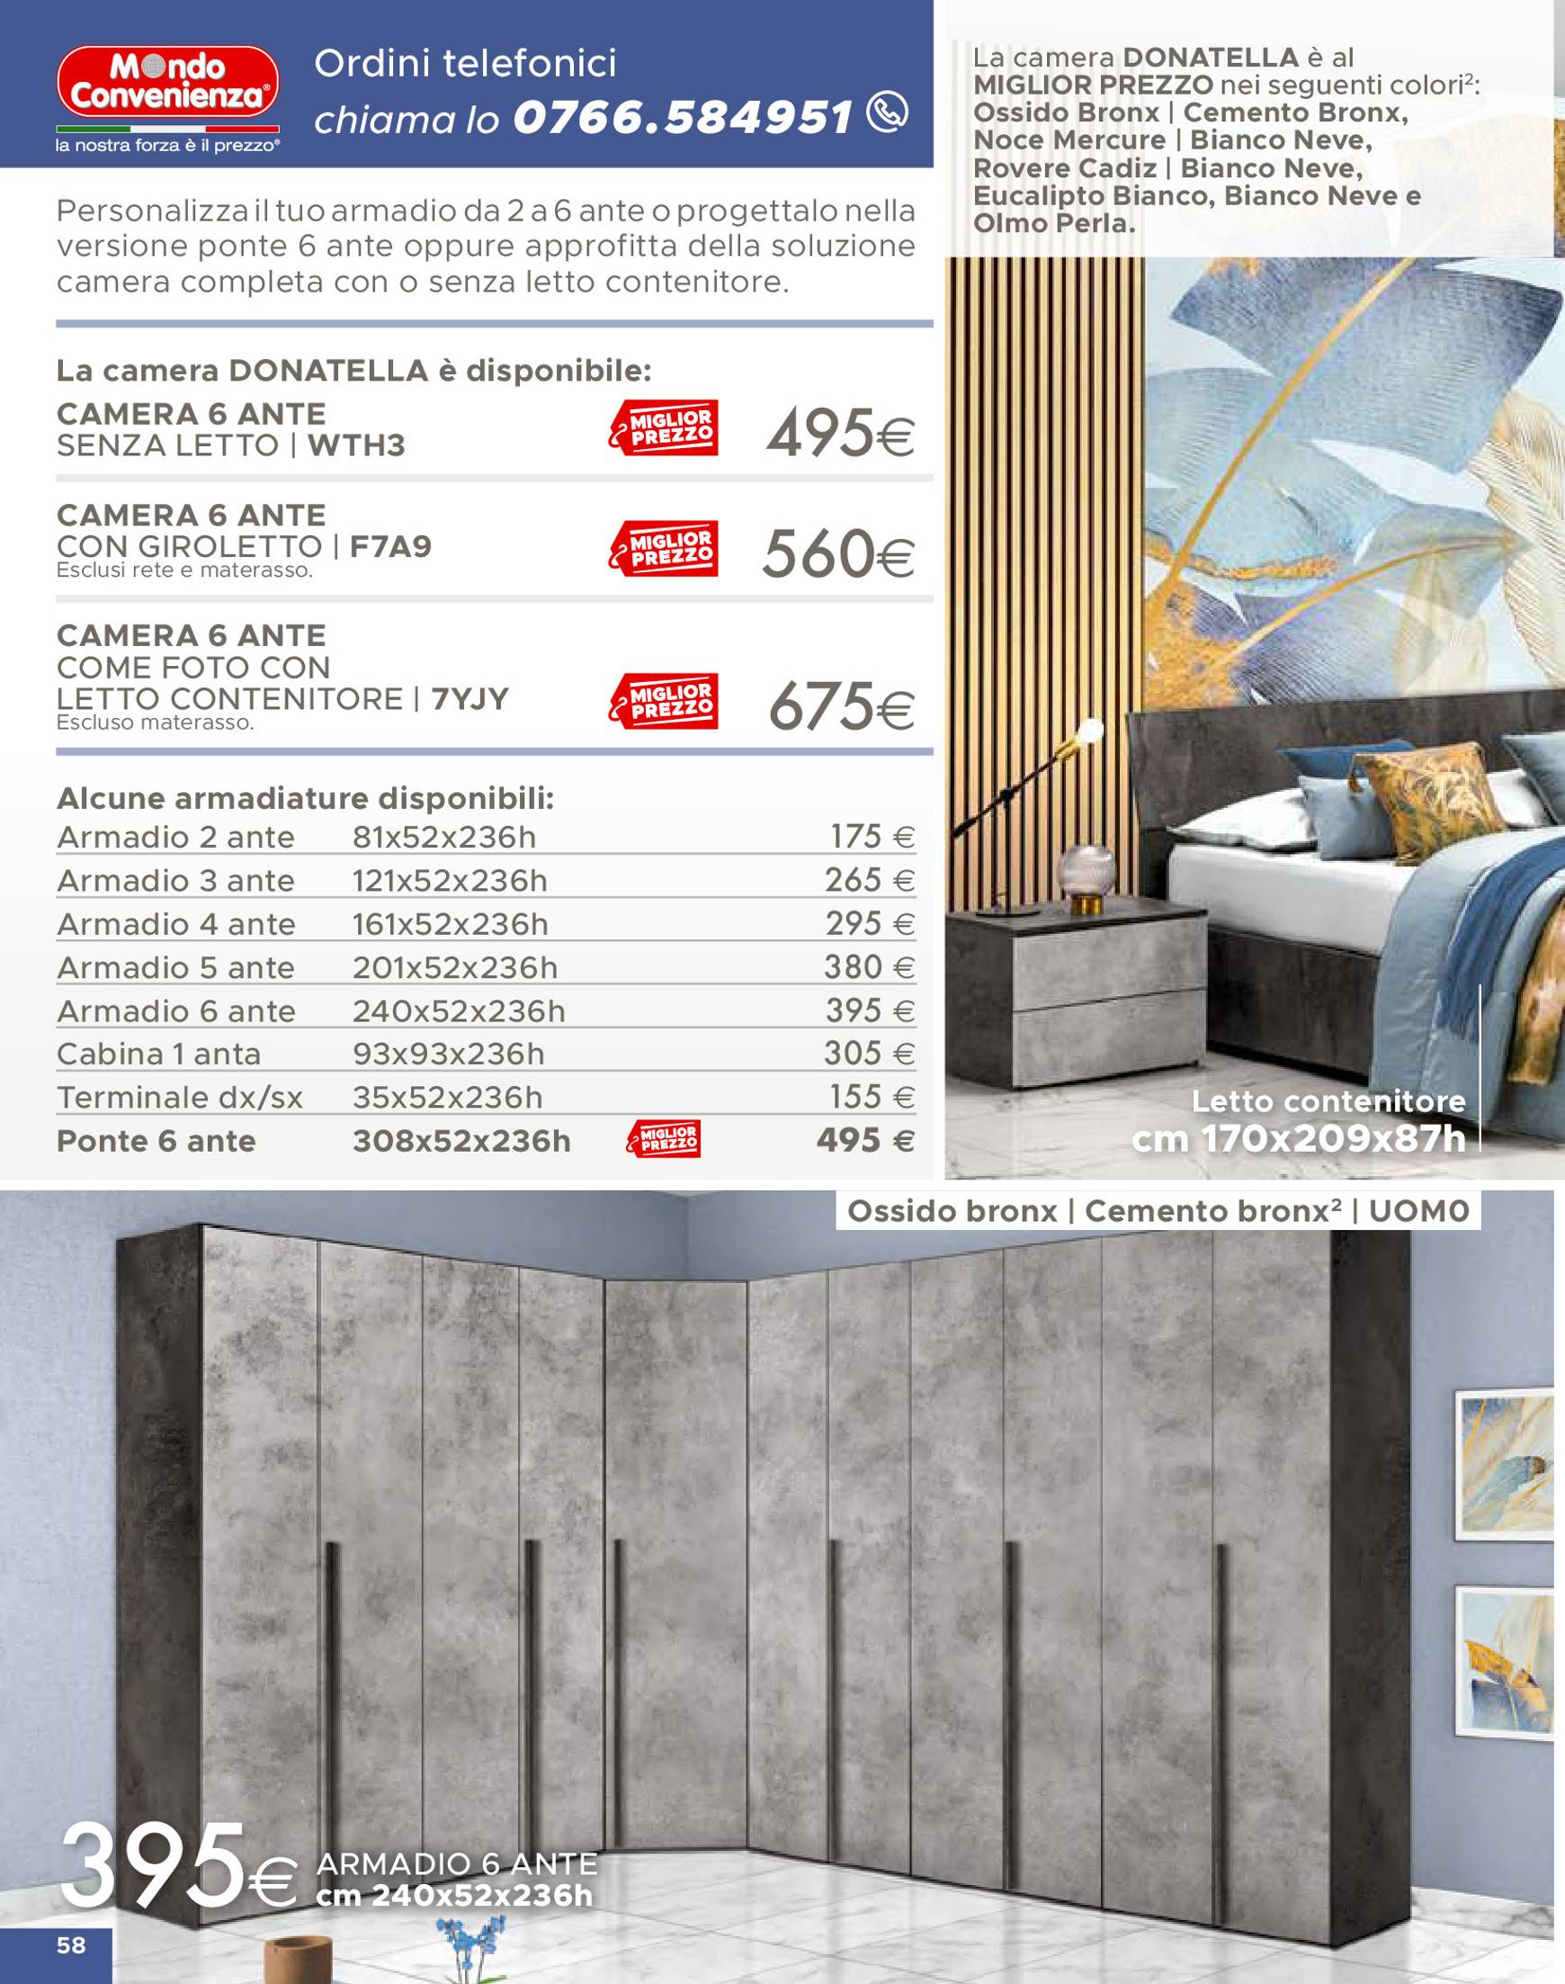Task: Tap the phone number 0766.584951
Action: click(x=683, y=118)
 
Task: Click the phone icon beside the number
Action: click(x=887, y=112)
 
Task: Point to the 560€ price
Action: click(x=837, y=554)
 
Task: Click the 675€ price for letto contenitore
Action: click(x=840, y=707)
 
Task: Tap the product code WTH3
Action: click(x=355, y=445)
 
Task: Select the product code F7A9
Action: click(x=390, y=547)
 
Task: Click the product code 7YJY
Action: click(x=469, y=699)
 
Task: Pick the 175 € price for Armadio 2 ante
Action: click(x=872, y=837)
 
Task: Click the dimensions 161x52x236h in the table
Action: click(x=450, y=924)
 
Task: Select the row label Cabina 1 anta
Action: click(x=158, y=1054)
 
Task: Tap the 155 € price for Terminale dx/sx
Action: click(x=872, y=1097)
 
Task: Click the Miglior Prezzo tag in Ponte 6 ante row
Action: click(x=664, y=1139)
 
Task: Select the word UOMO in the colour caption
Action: click(x=1418, y=1211)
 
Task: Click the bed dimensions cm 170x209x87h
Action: click(x=1299, y=1139)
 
